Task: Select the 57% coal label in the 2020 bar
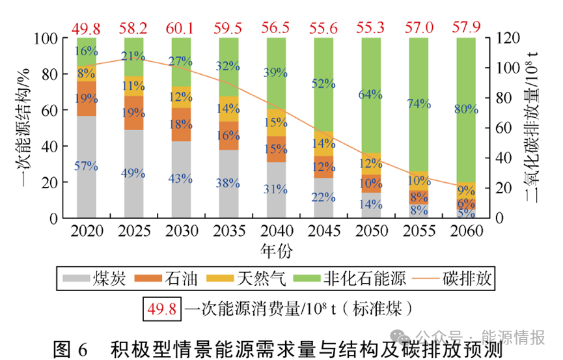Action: [86, 166]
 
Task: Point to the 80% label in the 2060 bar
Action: [465, 109]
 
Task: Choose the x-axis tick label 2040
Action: [275, 232]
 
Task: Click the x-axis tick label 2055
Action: [418, 232]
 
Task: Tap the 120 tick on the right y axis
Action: [507, 38]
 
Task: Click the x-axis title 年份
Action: [275, 250]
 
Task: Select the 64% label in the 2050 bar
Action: [370, 94]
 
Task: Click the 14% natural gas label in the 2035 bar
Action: [228, 108]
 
